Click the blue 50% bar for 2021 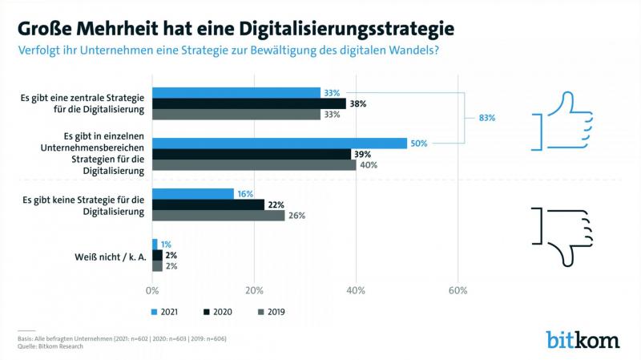click(280, 143)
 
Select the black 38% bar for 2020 click(249, 103)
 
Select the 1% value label click(166, 244)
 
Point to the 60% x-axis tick click(458, 290)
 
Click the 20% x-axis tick click(254, 290)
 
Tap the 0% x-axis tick click(152, 290)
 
